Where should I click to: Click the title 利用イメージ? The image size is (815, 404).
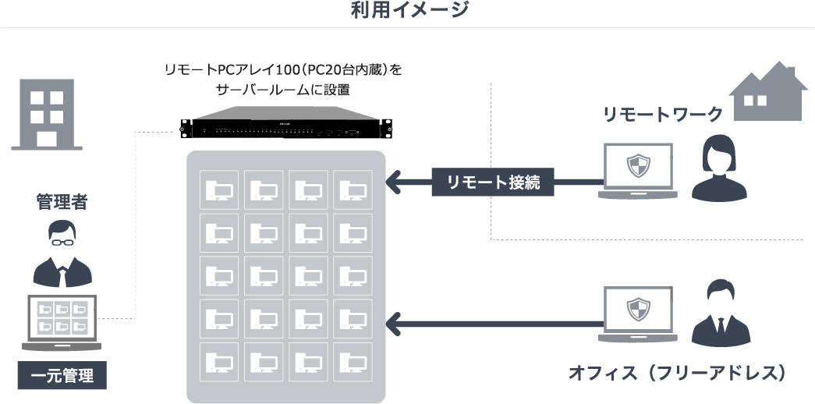click(409, 10)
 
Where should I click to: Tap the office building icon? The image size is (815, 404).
click(47, 114)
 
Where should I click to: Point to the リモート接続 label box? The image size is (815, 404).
click(493, 183)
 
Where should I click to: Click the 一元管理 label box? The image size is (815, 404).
click(62, 376)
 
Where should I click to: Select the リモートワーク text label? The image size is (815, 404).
click(663, 115)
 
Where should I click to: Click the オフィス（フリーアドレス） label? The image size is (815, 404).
click(675, 372)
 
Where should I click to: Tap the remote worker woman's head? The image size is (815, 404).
click(719, 154)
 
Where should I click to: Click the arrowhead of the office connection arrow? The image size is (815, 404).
click(395, 321)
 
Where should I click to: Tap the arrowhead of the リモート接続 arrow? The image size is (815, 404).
click(395, 183)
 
